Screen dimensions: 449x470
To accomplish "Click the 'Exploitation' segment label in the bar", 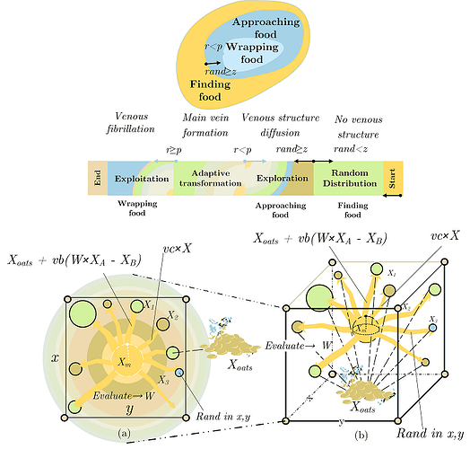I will pos(142,180).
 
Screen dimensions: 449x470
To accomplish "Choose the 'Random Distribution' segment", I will pos(351,178).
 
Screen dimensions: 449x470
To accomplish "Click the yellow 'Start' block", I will pos(392,179).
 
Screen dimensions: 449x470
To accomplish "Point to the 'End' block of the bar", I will pos(96,179).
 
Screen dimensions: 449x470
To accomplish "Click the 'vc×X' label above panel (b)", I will pos(442,235).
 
